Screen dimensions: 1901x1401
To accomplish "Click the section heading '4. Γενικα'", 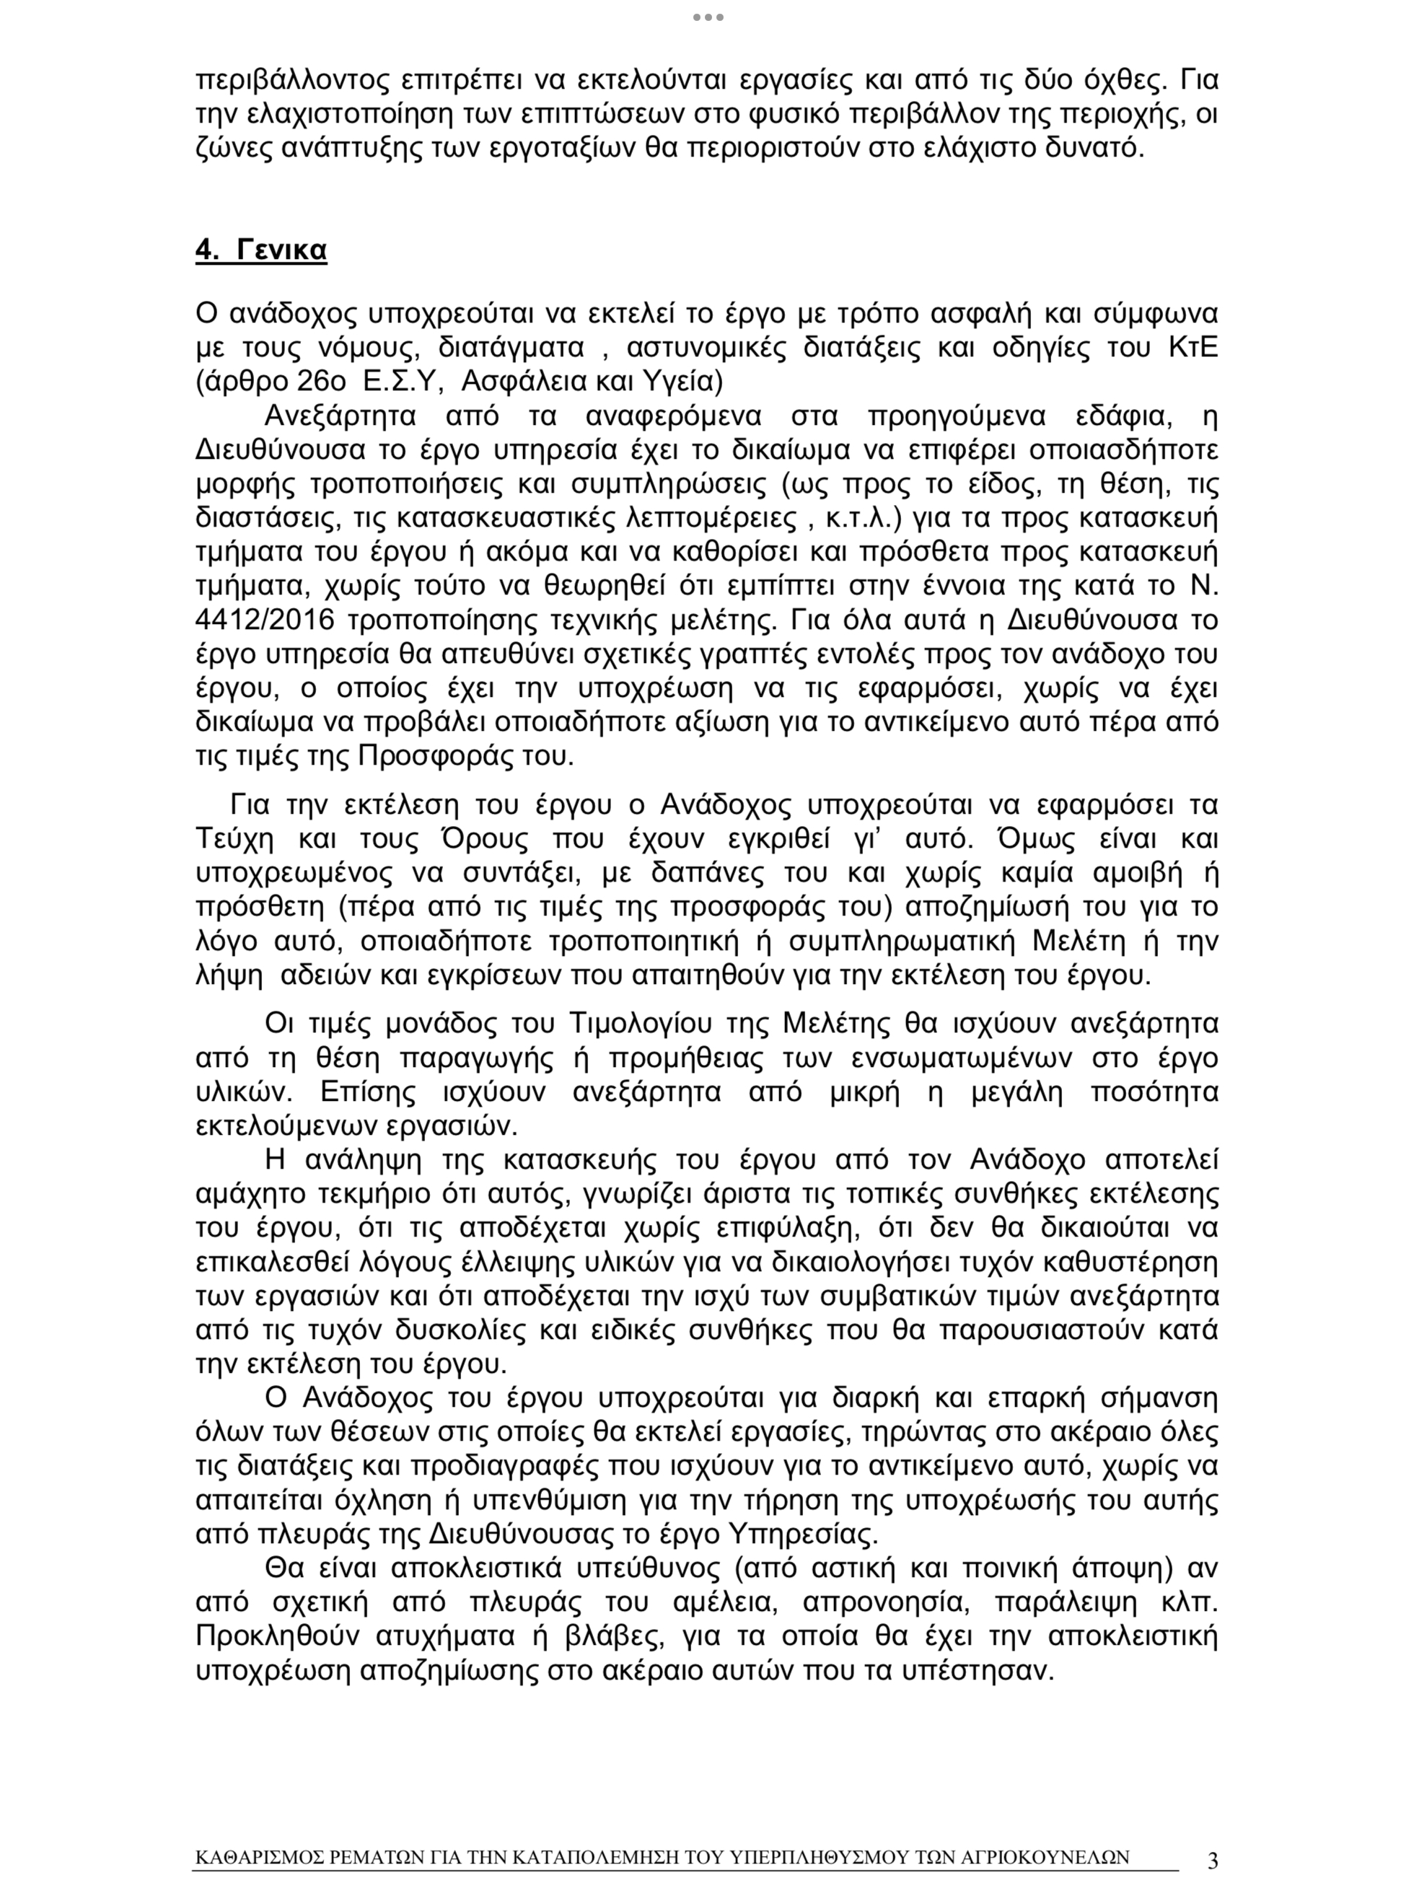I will click(x=260, y=250).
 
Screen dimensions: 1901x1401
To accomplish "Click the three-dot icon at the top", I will click(x=708, y=17).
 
